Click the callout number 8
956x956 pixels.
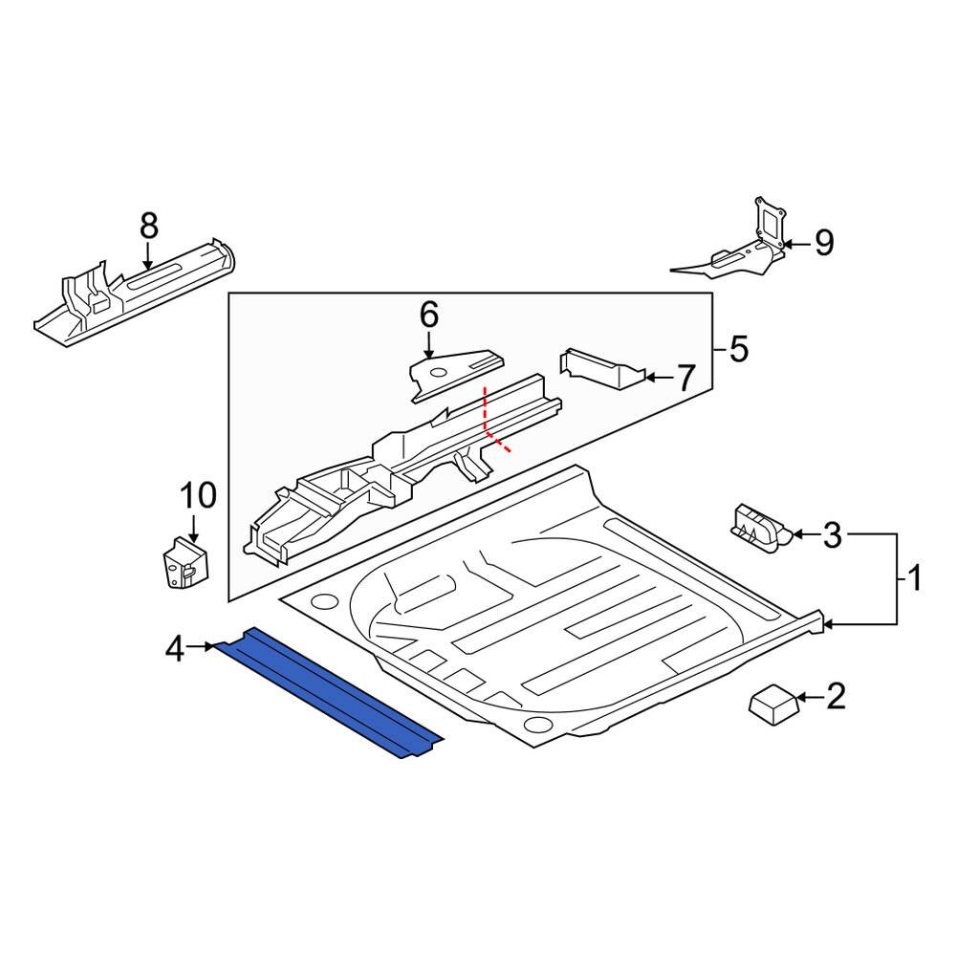pyautogui.click(x=148, y=227)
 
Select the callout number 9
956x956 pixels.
pyautogui.click(x=823, y=243)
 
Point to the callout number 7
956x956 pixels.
pyautogui.click(x=685, y=379)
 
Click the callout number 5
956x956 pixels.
pyautogui.click(x=738, y=350)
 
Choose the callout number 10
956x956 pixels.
pyautogui.click(x=199, y=495)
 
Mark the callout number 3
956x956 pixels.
pyautogui.click(x=832, y=536)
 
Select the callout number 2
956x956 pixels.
pyautogui.click(x=835, y=697)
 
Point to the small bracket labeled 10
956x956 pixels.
pyautogui.click(x=183, y=565)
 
